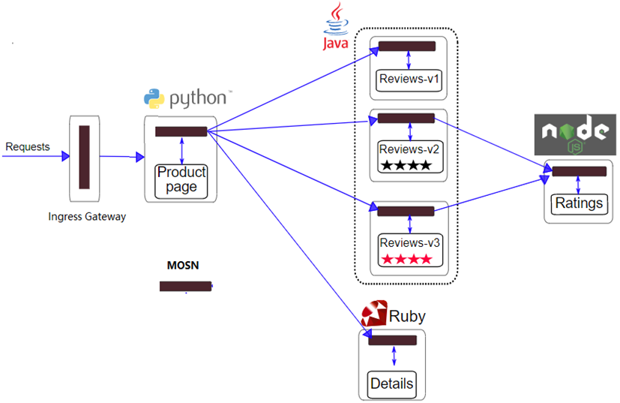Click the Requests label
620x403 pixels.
pyautogui.click(x=28, y=146)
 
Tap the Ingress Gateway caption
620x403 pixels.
pyautogui.click(x=87, y=217)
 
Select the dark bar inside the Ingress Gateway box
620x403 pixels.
pyautogui.click(x=84, y=157)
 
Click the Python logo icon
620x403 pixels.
pyautogui.click(x=154, y=98)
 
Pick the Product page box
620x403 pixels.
pyautogui.click(x=181, y=181)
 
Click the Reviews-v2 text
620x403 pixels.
pyautogui.click(x=409, y=149)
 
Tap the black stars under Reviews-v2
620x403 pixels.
pyautogui.click(x=406, y=165)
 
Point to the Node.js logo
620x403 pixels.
pyautogui.click(x=574, y=133)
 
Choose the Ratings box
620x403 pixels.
pyautogui.click(x=578, y=203)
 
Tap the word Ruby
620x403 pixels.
pyautogui.click(x=407, y=316)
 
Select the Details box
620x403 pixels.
pyautogui.click(x=392, y=383)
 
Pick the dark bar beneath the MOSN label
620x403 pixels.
pyautogui.click(x=185, y=286)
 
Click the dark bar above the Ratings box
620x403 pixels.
pyautogui.click(x=579, y=172)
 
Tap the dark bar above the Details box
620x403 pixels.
pyautogui.click(x=392, y=341)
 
